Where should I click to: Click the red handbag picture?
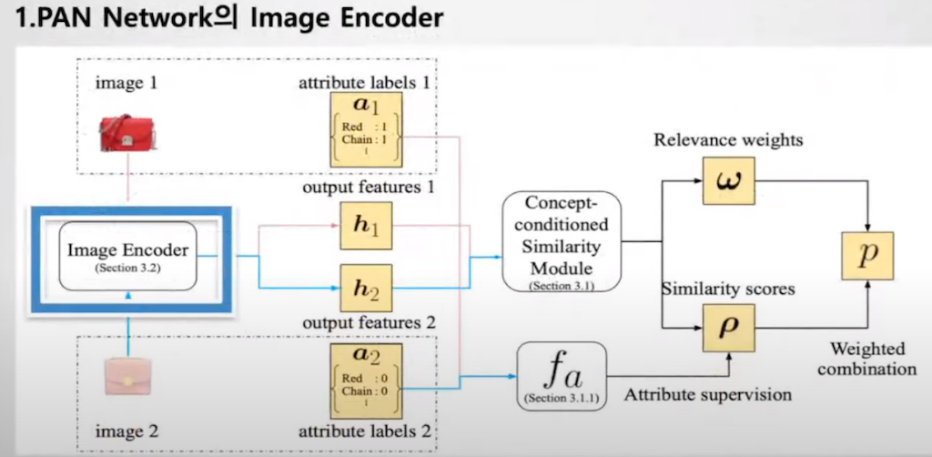point(127,133)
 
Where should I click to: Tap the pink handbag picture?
point(127,375)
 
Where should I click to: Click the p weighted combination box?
point(868,256)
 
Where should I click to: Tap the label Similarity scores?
point(729,289)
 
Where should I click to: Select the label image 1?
point(127,83)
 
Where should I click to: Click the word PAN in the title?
point(55,18)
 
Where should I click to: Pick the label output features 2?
point(368,322)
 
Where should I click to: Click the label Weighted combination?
point(867,360)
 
